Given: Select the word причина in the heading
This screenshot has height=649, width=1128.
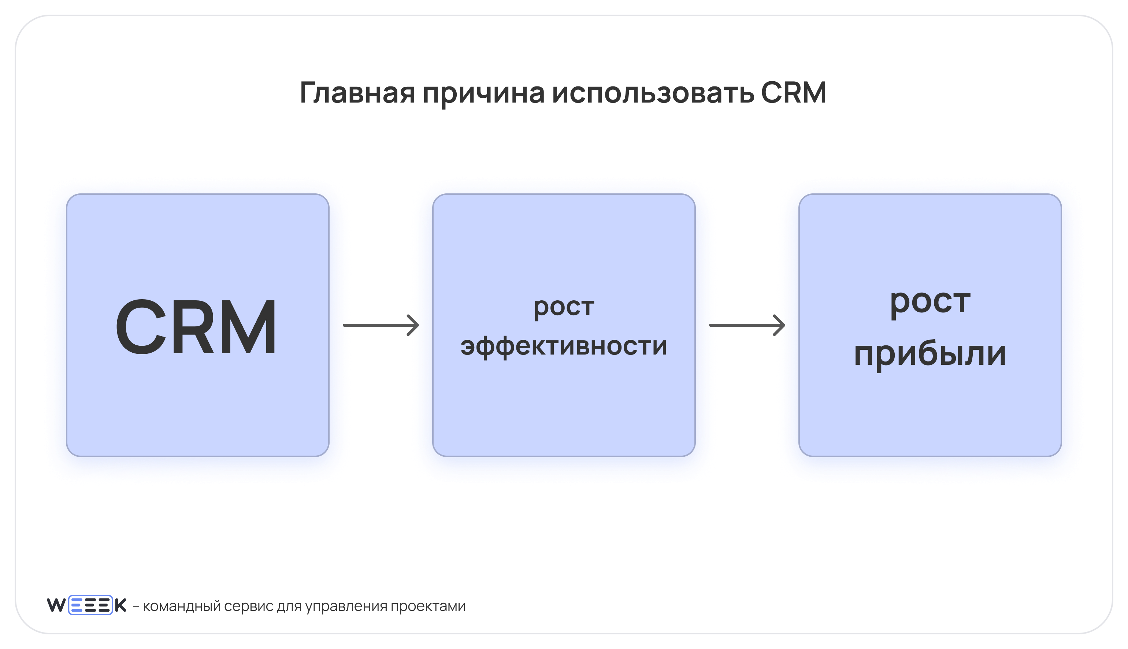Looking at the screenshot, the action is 483,95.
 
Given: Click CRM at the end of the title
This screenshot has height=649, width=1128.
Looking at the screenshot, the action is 793,92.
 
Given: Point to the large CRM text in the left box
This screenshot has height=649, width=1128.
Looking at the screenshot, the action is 196,327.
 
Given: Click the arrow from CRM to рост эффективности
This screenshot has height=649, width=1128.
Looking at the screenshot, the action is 381,325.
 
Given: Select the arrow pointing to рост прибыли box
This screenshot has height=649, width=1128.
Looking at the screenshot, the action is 747,325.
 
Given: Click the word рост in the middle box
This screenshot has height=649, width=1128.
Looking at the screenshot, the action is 564,308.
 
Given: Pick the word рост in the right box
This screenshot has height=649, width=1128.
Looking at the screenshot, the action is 930,302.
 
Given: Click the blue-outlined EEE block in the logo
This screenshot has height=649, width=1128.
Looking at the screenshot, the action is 90,605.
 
